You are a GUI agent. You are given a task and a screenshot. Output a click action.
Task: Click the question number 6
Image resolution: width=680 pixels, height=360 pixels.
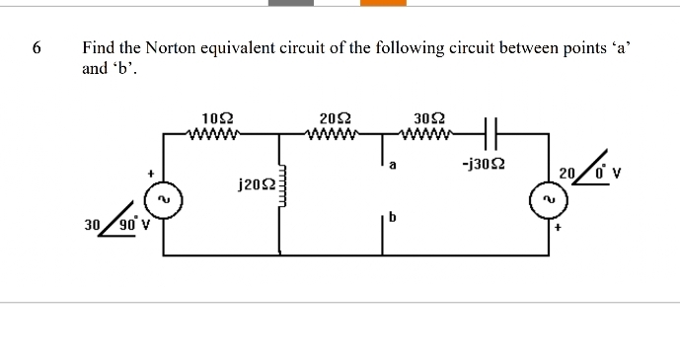[x=37, y=46]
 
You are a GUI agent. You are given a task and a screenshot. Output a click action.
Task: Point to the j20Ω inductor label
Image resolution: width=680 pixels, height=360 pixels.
[x=256, y=183]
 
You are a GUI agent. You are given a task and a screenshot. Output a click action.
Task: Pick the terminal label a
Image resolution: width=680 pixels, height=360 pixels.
[x=393, y=167]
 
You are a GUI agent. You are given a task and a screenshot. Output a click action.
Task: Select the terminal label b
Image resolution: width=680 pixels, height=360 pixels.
[x=393, y=219]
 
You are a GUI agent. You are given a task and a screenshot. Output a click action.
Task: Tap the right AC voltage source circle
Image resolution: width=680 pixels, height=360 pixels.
[x=547, y=200]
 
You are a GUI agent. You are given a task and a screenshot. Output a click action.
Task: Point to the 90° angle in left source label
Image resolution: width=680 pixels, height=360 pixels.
[x=128, y=222]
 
